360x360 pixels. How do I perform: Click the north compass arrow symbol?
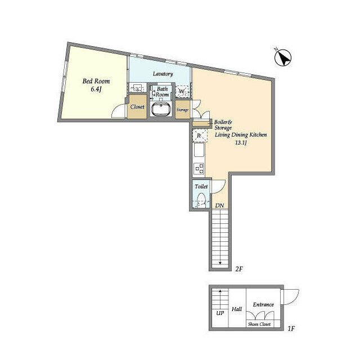tap(283, 57)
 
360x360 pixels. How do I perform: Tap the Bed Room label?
tap(96, 81)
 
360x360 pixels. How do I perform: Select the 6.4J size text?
tap(96, 89)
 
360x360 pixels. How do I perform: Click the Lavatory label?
tap(163, 74)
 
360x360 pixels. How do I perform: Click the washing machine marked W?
tap(182, 91)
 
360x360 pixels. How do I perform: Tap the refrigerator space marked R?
tap(199, 136)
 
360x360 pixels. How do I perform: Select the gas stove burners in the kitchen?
tap(199, 169)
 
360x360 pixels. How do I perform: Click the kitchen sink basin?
tap(199, 150)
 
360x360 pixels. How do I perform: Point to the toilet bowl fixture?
tap(201, 200)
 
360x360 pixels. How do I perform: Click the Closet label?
tap(137, 107)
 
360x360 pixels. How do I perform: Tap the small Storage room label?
tap(182, 110)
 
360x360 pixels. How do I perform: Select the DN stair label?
tap(219, 205)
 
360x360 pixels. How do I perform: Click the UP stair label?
tap(220, 313)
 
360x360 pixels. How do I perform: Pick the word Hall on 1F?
tap(237, 309)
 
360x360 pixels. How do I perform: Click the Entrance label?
tap(263, 305)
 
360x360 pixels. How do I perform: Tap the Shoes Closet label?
tap(259, 324)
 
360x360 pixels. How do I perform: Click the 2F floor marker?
tap(238, 269)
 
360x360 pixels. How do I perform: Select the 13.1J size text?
tap(241, 143)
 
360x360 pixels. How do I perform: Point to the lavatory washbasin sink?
tap(137, 88)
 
